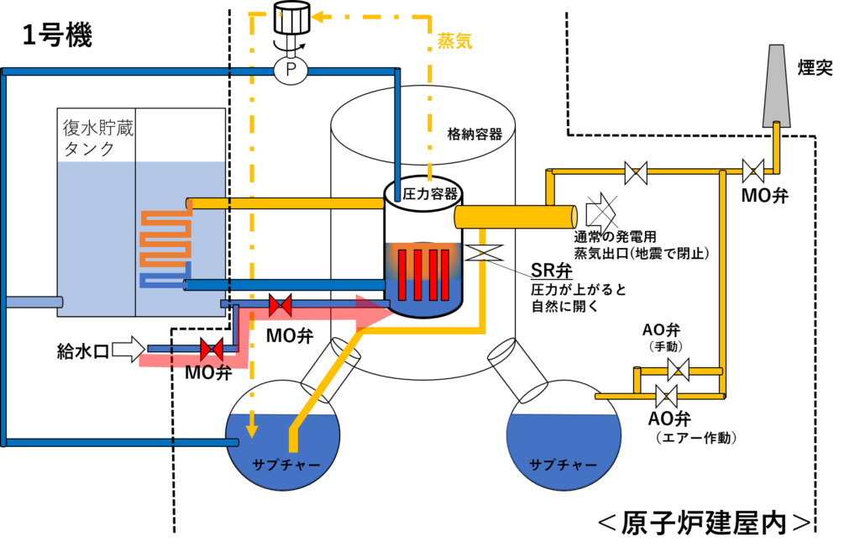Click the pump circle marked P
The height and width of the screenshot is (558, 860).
pyautogui.click(x=291, y=70)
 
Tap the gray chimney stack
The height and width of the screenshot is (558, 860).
pyautogui.click(x=777, y=86)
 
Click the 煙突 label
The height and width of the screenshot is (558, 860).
pyautogui.click(x=815, y=67)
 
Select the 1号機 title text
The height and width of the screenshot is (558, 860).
pyautogui.click(x=58, y=35)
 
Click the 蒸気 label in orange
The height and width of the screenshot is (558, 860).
pyautogui.click(x=454, y=41)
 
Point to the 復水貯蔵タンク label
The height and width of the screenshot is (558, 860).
pyautogui.click(x=98, y=139)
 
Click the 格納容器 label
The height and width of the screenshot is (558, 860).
pyautogui.click(x=475, y=134)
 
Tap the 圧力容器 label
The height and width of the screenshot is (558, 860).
pyautogui.click(x=430, y=193)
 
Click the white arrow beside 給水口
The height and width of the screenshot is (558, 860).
pyautogui.click(x=129, y=349)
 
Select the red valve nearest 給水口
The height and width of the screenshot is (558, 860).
pyautogui.click(x=211, y=350)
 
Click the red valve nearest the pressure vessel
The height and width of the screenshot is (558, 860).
pyautogui.click(x=281, y=306)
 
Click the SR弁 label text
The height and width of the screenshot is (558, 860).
pyautogui.click(x=552, y=270)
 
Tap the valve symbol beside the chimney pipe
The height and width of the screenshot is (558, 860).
pyautogui.click(x=752, y=171)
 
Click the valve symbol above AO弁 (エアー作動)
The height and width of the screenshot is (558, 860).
pyautogui.click(x=666, y=396)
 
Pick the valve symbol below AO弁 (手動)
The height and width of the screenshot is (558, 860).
pyautogui.click(x=679, y=370)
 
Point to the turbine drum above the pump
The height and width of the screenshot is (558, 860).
pyautogui.click(x=291, y=18)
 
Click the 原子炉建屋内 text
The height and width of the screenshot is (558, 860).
pyautogui.click(x=705, y=523)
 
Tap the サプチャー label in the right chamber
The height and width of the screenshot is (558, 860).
pyautogui.click(x=564, y=466)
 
